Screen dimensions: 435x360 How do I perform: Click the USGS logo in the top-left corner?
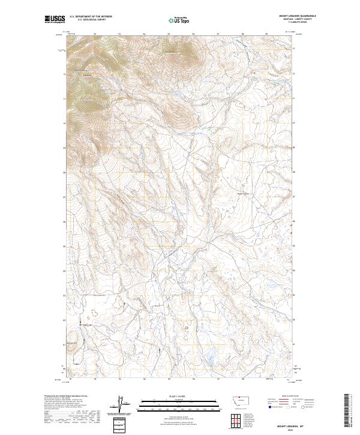tap(55, 20)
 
